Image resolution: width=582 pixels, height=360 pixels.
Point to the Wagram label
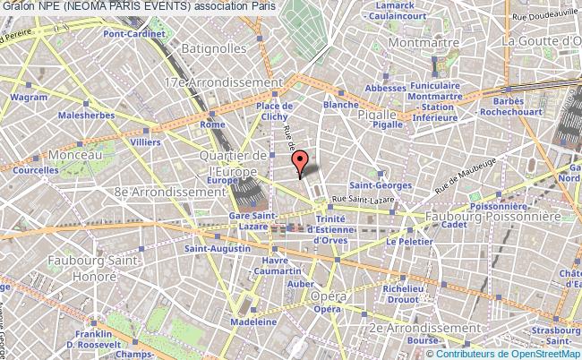coord(29,97)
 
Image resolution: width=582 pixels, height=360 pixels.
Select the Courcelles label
coord(35,169)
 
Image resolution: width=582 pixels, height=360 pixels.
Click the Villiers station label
coord(145,141)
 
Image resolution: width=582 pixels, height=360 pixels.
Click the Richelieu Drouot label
coord(401,295)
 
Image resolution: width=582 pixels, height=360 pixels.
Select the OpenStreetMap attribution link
coord(535,353)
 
